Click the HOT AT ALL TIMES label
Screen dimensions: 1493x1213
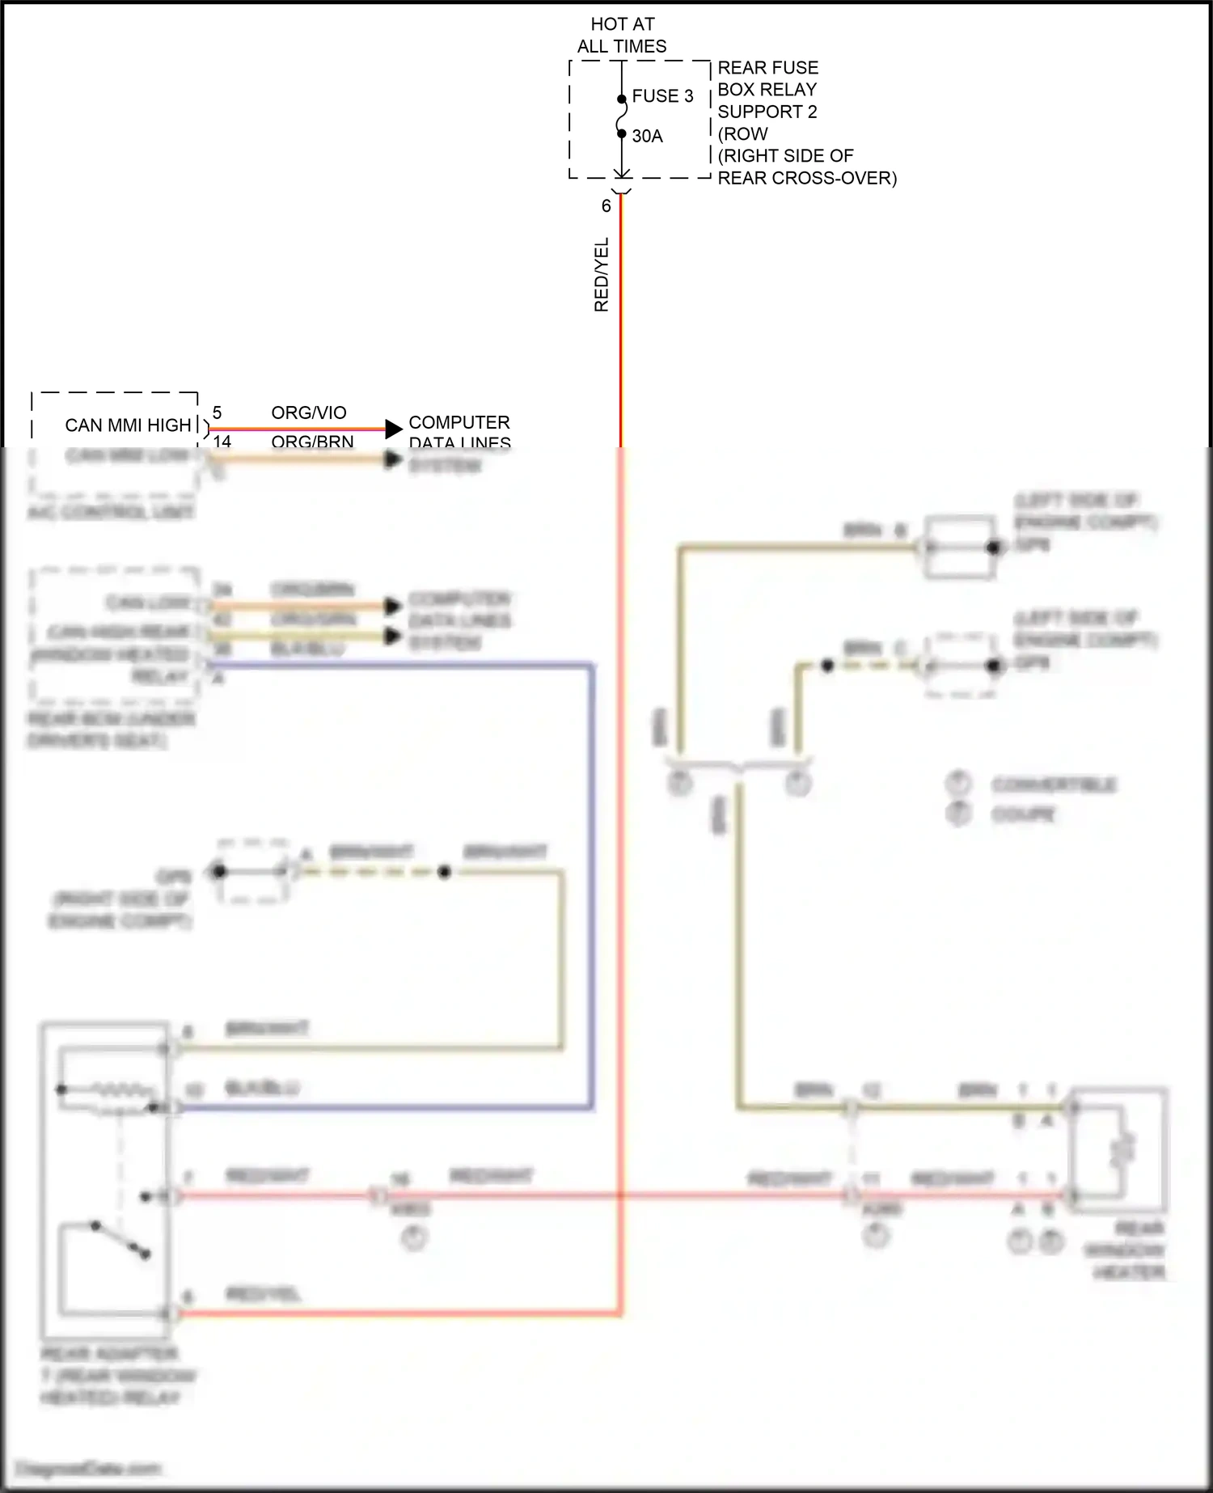point(622,36)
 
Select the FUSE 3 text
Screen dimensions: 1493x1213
point(662,96)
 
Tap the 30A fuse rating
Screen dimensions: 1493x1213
point(647,136)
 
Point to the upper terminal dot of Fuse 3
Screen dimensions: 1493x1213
point(622,99)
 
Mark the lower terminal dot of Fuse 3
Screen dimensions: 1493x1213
point(622,133)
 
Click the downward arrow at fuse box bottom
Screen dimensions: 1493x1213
point(622,173)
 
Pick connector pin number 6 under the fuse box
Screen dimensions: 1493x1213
point(606,206)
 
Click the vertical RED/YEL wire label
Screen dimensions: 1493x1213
point(601,275)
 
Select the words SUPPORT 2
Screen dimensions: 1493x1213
point(767,112)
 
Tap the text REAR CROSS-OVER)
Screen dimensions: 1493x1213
point(807,178)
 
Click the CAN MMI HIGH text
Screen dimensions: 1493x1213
point(128,425)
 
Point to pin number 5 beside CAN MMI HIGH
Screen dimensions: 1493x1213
point(217,413)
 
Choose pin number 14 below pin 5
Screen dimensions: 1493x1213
point(222,441)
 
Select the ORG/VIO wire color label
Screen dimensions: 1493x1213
point(309,412)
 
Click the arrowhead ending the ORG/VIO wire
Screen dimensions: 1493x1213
point(394,429)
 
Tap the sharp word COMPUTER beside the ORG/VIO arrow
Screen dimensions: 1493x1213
point(459,422)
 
